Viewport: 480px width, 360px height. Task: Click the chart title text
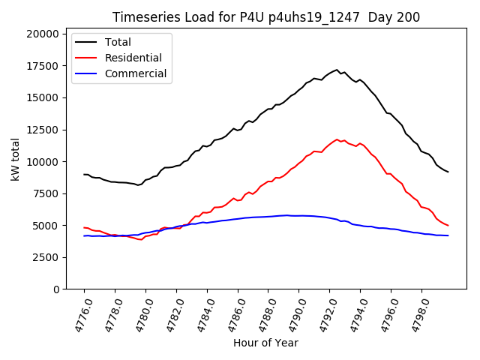pos(266,17)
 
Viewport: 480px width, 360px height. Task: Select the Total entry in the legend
pos(118,42)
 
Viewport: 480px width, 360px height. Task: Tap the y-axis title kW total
pos(15,160)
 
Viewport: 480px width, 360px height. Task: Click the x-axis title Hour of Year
pos(265,343)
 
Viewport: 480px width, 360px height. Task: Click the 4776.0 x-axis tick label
pos(79,314)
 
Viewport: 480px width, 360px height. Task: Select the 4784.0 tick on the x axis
pos(201,314)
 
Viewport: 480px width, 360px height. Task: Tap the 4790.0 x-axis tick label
pos(293,314)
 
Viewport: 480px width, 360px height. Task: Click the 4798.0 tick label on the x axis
pos(415,314)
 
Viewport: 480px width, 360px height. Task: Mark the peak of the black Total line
pos(337,70)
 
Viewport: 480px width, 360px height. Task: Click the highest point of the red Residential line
pos(337,139)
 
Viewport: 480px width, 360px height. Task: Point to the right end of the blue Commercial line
pos(448,235)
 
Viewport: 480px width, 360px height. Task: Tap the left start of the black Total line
pos(84,174)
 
